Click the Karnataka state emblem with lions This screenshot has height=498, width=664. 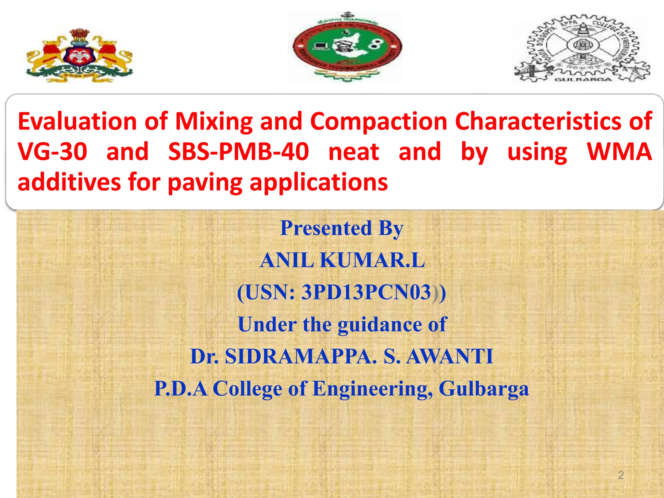[x=79, y=55]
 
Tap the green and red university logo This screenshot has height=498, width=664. [x=347, y=47]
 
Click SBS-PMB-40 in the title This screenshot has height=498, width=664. [x=238, y=151]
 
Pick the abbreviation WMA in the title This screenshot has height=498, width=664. [x=619, y=151]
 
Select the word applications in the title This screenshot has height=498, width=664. [x=318, y=182]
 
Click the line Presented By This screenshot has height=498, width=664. [x=342, y=228]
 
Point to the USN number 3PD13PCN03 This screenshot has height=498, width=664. [x=366, y=292]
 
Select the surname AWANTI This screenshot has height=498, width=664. [x=450, y=356]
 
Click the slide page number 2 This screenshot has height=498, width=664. [x=621, y=475]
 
